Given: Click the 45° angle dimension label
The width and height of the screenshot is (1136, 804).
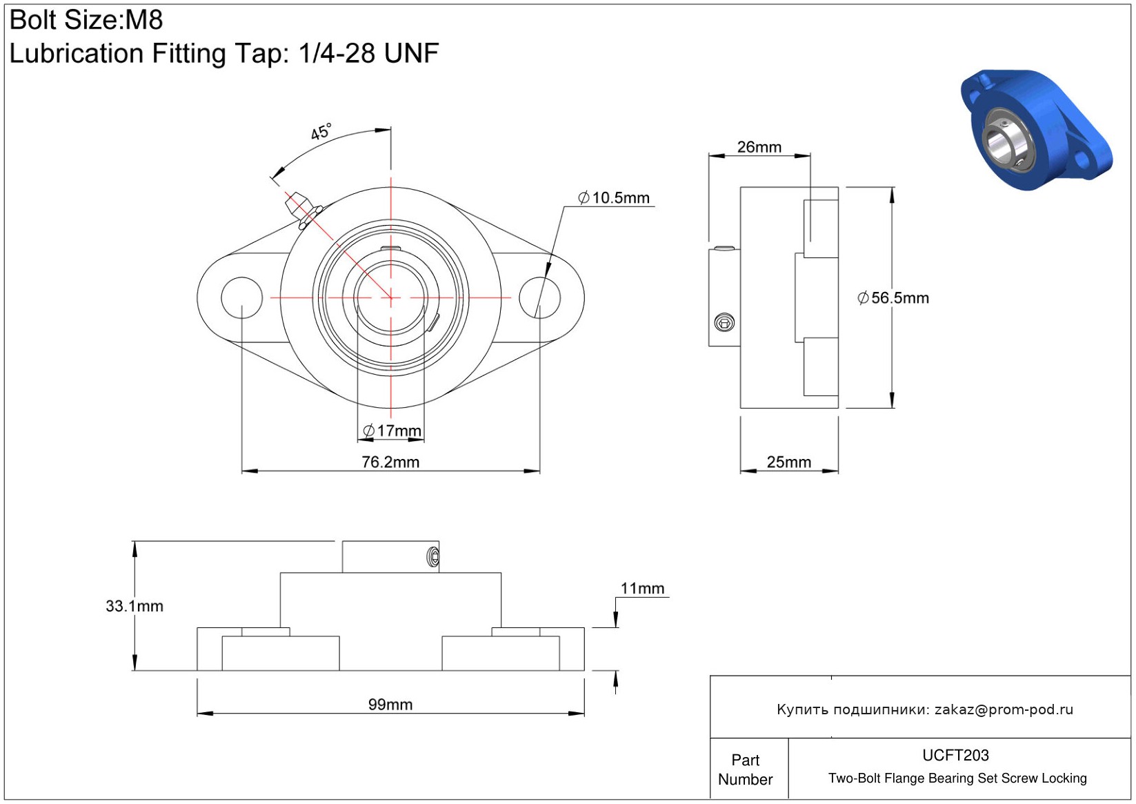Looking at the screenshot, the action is coord(321,131).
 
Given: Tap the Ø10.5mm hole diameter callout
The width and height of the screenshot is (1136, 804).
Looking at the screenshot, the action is coord(614,197).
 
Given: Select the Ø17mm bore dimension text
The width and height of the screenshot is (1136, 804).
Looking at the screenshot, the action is coord(392,431).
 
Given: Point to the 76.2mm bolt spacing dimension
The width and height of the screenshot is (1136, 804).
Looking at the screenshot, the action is coord(390,462).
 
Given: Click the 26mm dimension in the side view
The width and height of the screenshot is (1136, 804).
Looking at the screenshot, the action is coord(759,147).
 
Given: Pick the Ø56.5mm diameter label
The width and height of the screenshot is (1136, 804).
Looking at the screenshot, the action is coord(893,297).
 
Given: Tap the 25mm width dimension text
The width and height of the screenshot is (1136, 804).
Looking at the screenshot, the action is coord(788,462).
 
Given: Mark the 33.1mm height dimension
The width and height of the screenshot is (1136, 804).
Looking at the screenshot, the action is coord(134,605).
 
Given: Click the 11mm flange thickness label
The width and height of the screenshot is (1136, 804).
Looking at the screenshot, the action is coord(643,588).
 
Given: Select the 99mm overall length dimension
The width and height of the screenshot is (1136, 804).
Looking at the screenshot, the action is coord(390,705).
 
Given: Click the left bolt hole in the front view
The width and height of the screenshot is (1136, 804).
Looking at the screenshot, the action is coord(242,297).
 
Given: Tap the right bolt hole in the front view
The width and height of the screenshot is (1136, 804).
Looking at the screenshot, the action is coord(539,297).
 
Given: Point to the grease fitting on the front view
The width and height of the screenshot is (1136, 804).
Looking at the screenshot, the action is coord(303,210).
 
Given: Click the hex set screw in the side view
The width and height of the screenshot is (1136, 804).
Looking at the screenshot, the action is coord(724,322).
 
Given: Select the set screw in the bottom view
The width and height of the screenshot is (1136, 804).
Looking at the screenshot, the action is coord(434,557).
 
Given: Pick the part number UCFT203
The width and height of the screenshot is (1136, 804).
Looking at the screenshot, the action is coord(955,755).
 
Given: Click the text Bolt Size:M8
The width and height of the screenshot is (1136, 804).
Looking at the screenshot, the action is coord(86,20).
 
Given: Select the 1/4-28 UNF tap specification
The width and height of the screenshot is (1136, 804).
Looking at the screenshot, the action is coord(369,53).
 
